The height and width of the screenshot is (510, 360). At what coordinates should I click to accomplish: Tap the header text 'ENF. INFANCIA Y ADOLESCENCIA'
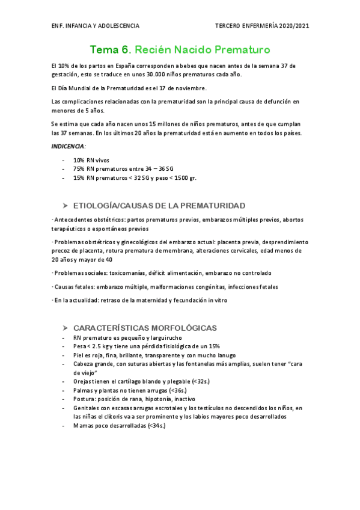click(x=96, y=26)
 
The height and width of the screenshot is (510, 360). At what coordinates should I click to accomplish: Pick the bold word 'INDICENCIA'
click(x=68, y=146)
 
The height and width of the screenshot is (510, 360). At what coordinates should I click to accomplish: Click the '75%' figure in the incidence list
click(x=79, y=169)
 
